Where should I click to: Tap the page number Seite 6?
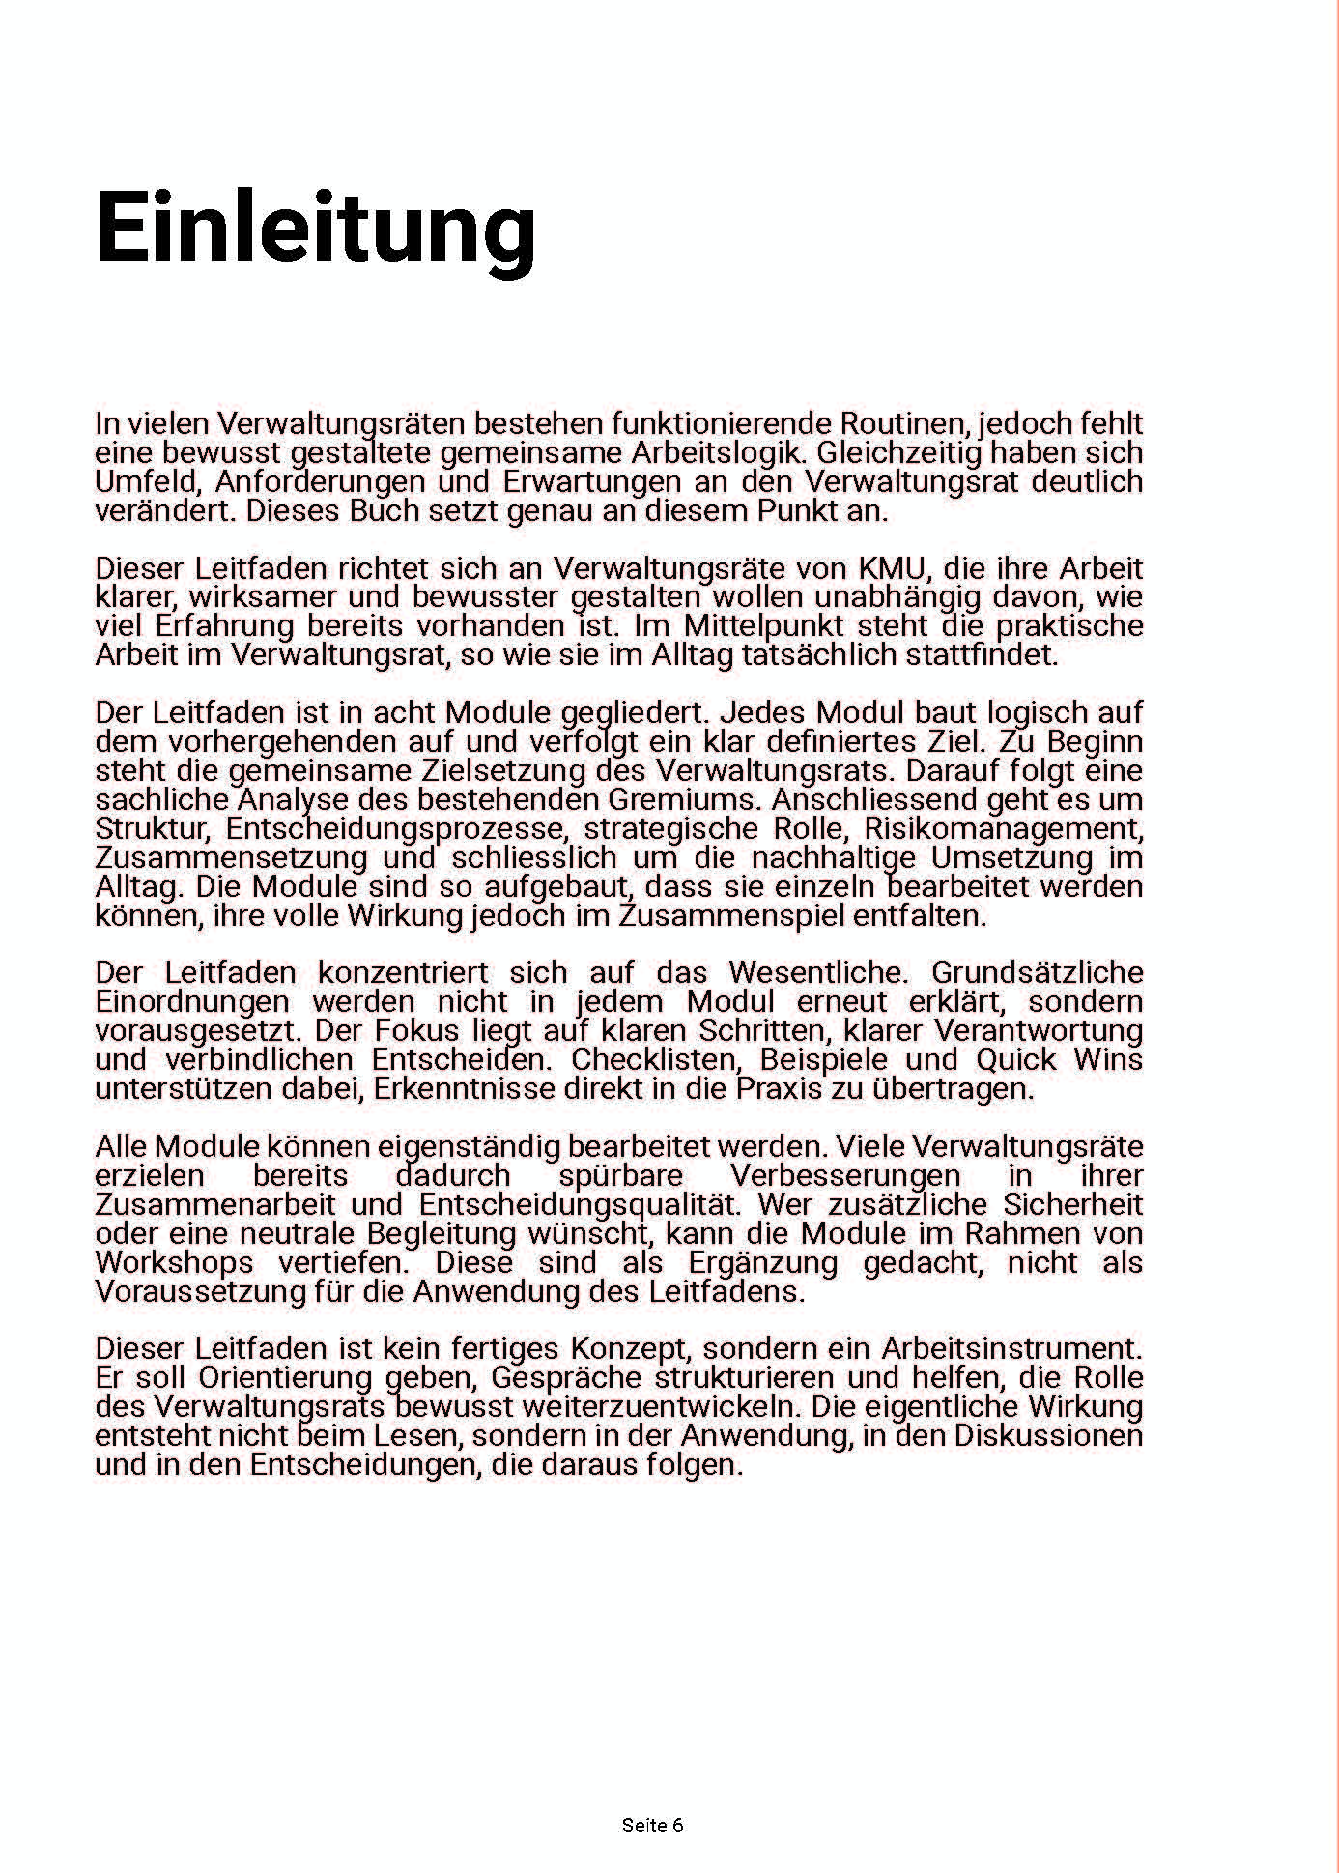(x=652, y=1825)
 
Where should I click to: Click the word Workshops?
(x=175, y=1262)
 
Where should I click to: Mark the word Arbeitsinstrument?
(x=1011, y=1348)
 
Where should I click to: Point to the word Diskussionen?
(x=1048, y=1435)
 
